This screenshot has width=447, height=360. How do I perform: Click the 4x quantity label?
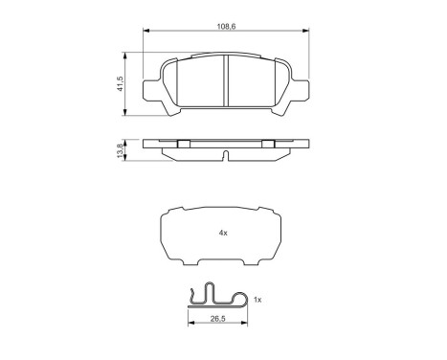click(x=223, y=232)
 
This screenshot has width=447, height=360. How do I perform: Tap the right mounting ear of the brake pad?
click(x=303, y=92)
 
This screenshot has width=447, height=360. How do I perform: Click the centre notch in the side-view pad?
click(x=224, y=155)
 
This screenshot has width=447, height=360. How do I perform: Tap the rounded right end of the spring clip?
click(x=255, y=300)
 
